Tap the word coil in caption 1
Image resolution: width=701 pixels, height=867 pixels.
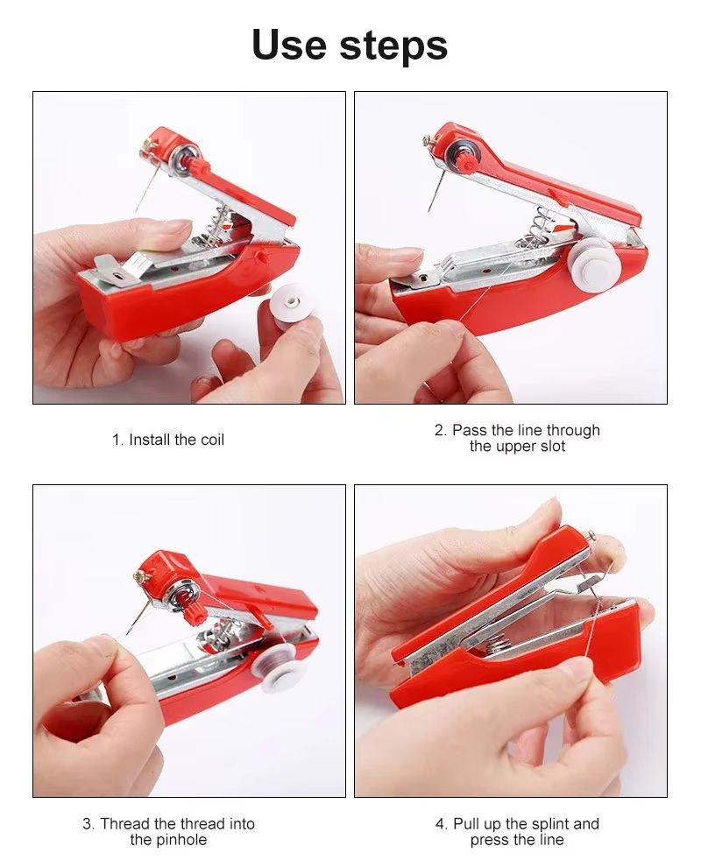212,440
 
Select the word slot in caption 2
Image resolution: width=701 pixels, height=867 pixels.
551,447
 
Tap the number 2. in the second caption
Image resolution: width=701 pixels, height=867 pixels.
441,431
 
